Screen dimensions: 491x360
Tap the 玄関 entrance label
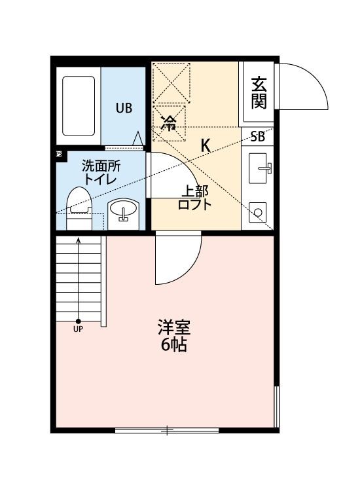coord(259,93)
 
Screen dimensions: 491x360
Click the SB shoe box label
coord(257,137)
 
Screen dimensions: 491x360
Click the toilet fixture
coord(80,208)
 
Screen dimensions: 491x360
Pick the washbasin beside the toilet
coord(122,212)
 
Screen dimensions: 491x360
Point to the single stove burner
coord(258,212)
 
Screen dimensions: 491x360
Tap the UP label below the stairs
coord(78,329)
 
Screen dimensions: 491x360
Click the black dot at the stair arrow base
coord(78,321)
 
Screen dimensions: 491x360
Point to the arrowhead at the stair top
coord(78,240)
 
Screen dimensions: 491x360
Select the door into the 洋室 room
coord(178,260)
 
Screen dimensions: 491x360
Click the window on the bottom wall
coord(167,430)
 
